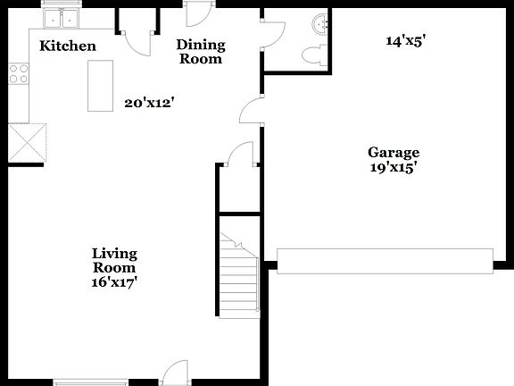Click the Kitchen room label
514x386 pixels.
click(x=68, y=46)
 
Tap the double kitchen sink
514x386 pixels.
click(x=62, y=18)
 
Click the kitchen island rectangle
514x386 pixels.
click(x=101, y=86)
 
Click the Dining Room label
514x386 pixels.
click(x=201, y=52)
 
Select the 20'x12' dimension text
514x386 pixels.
click(x=148, y=103)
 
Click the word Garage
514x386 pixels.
click(x=394, y=152)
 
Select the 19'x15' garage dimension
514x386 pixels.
click(x=394, y=166)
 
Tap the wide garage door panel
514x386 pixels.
click(x=385, y=260)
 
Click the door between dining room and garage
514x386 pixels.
click(x=251, y=112)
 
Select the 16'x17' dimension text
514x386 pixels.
click(x=115, y=281)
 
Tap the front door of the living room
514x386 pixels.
click(x=176, y=372)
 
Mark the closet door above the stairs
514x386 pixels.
click(x=239, y=156)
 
